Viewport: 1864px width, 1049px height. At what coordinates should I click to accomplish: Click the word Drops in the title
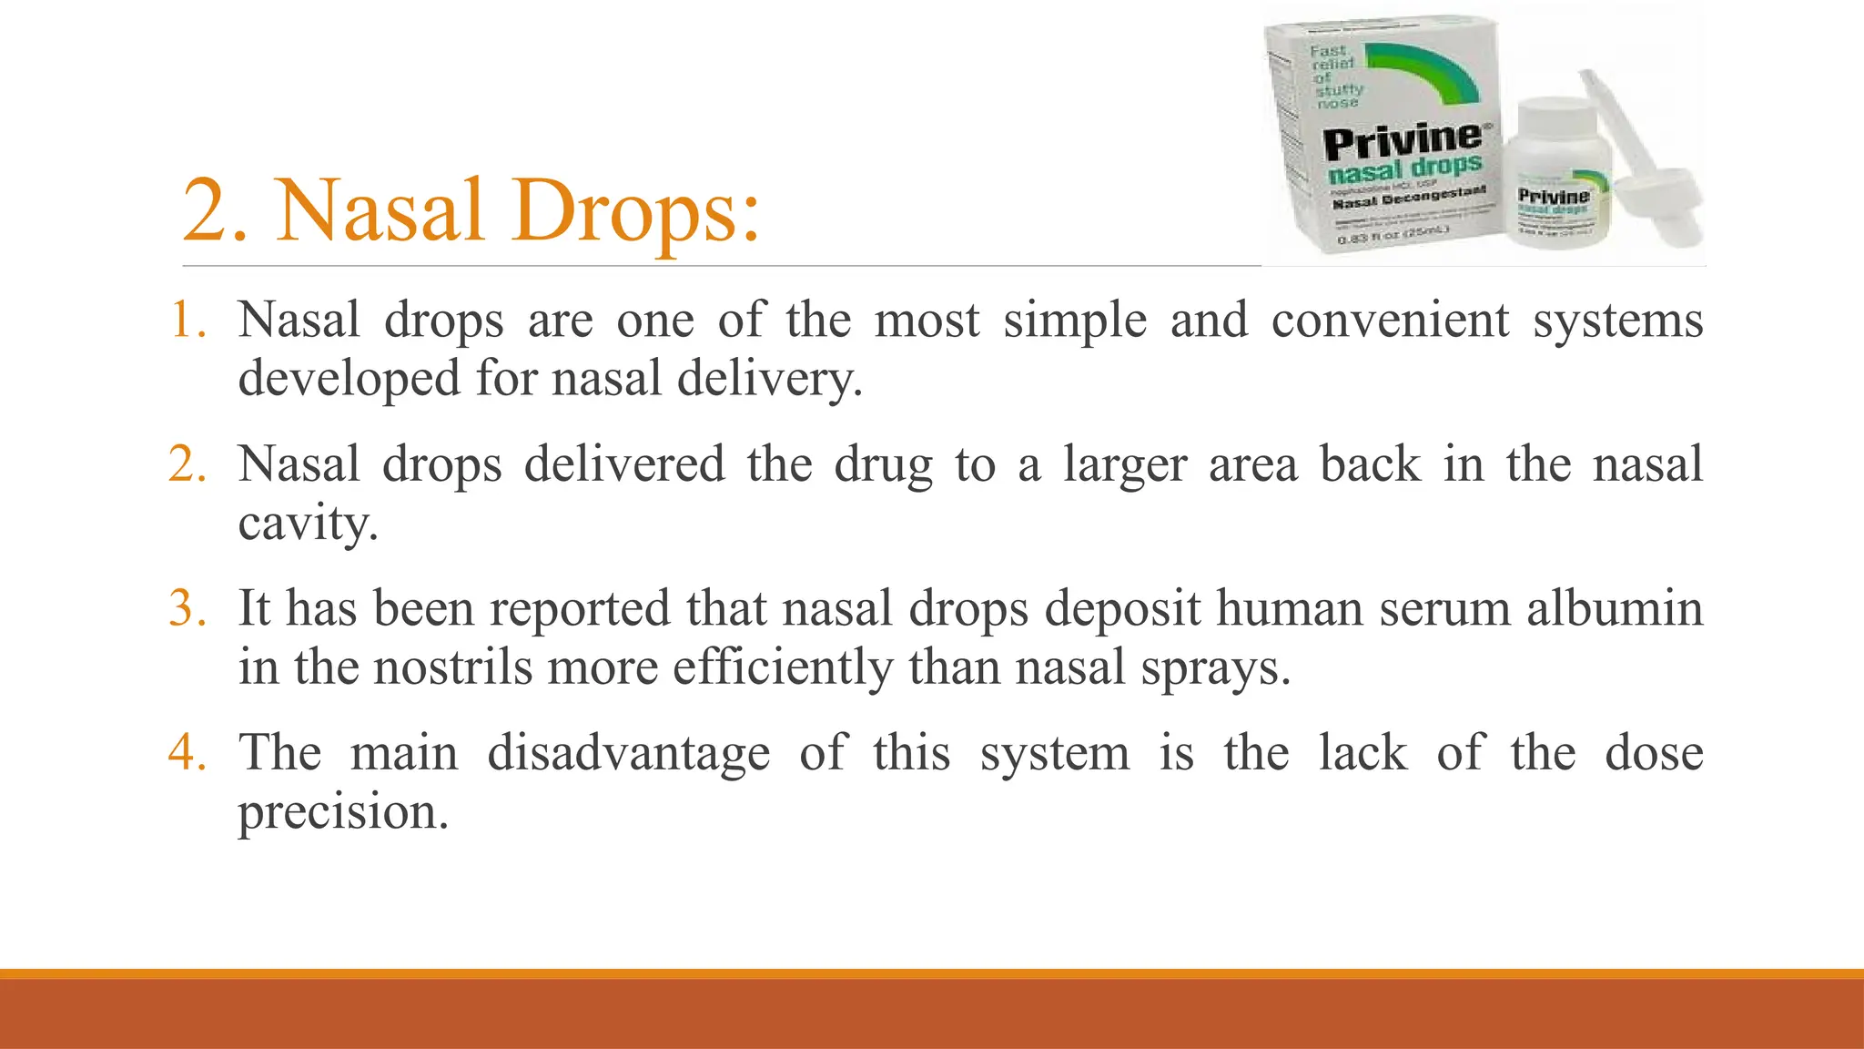point(634,211)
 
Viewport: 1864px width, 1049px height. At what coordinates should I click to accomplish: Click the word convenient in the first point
point(1390,321)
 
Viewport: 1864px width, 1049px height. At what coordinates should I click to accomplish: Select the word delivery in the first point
point(769,378)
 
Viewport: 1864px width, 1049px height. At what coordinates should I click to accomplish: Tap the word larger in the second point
point(1125,464)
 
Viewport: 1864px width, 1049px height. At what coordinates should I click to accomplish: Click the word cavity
point(308,523)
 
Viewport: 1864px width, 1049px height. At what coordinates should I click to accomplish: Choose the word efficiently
point(783,667)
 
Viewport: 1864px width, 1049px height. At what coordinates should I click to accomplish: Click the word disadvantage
point(628,753)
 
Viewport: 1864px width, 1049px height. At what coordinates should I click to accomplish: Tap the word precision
point(343,811)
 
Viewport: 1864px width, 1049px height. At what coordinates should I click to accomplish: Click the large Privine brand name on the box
point(1403,141)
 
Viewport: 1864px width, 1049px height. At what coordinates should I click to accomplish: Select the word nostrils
point(452,667)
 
